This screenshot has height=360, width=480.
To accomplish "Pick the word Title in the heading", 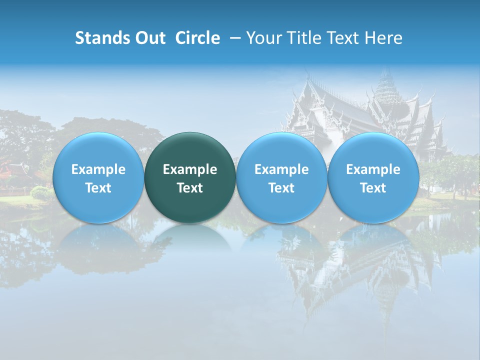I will point(304,38).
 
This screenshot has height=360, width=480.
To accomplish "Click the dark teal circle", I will point(190,177).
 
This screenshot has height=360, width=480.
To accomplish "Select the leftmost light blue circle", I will point(98,177).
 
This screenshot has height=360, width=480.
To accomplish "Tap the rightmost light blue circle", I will point(373,177).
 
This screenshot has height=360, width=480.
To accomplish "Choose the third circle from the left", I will point(281,177).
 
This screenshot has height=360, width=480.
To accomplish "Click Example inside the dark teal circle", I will point(190,169).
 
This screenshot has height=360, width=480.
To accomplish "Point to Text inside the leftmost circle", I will point(98,188).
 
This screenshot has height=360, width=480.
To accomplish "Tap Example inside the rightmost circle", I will point(373,169).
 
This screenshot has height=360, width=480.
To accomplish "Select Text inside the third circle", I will point(281,188).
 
